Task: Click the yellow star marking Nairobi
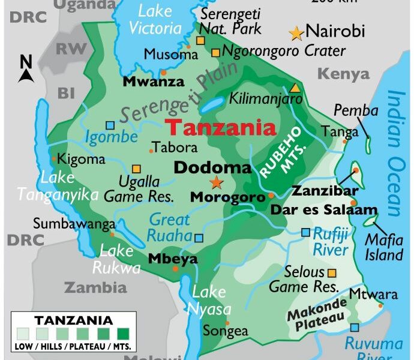[x=296, y=33]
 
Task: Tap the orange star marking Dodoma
[x=215, y=182]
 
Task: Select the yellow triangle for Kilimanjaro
[x=295, y=88]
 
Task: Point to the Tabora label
[x=175, y=147]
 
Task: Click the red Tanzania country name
[x=221, y=127]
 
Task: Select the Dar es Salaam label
[x=324, y=210]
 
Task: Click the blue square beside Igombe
[x=110, y=125]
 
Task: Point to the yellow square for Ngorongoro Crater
[x=215, y=52]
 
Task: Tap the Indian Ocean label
[x=396, y=153]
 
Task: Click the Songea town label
[x=225, y=331]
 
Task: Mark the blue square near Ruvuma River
[x=355, y=328]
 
